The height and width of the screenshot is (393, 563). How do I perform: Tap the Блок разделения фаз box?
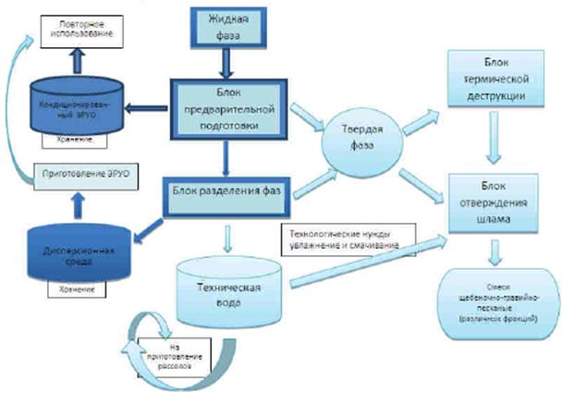226,190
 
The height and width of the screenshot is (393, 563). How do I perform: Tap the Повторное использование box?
79,27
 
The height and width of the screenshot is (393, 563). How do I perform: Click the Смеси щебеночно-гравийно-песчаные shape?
497,299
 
